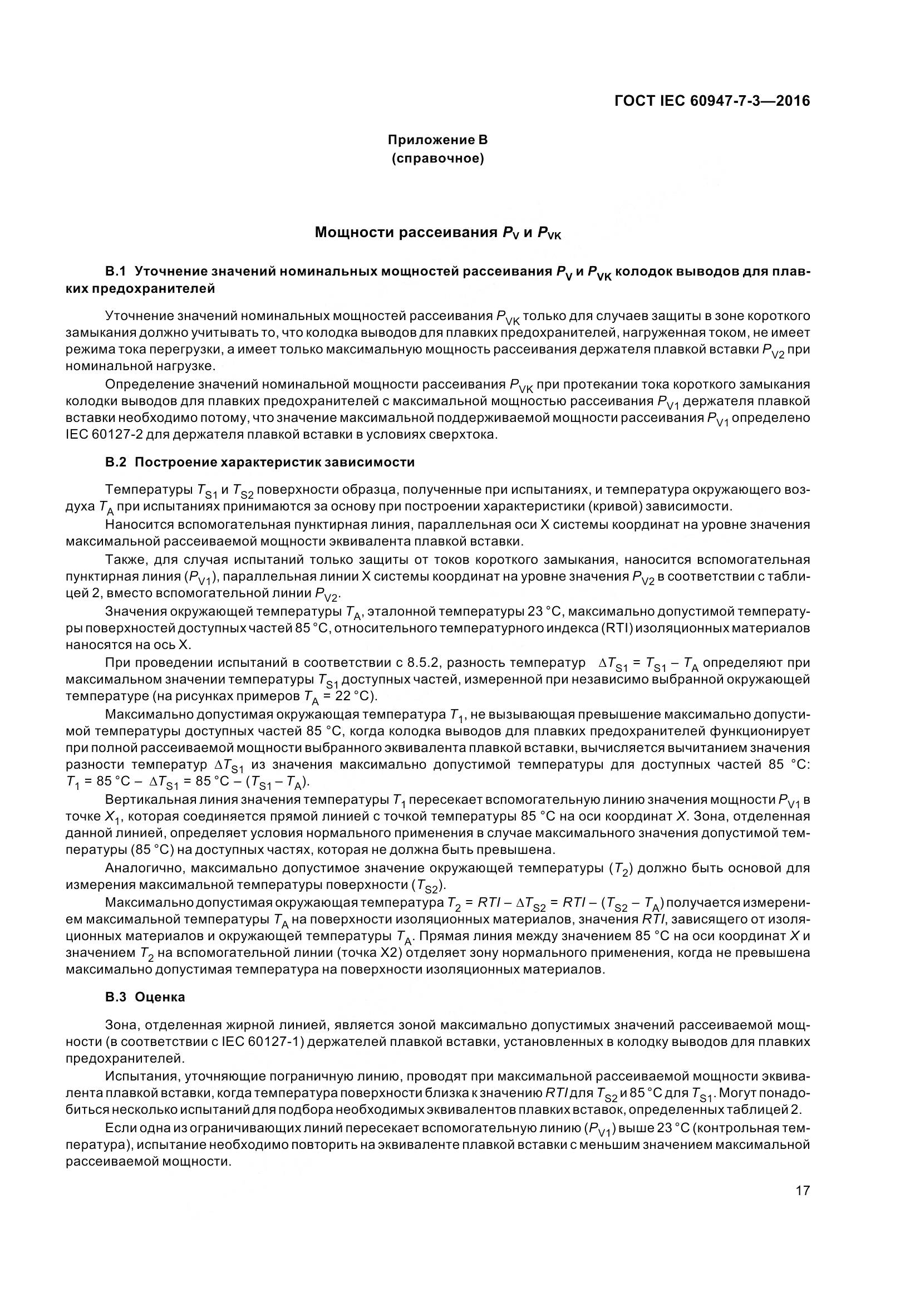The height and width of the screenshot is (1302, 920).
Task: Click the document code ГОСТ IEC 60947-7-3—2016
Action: [712, 101]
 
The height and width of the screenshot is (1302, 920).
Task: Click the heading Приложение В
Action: [437, 140]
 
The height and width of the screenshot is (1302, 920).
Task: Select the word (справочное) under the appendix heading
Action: [437, 159]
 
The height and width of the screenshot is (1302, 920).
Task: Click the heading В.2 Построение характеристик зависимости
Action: [259, 461]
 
